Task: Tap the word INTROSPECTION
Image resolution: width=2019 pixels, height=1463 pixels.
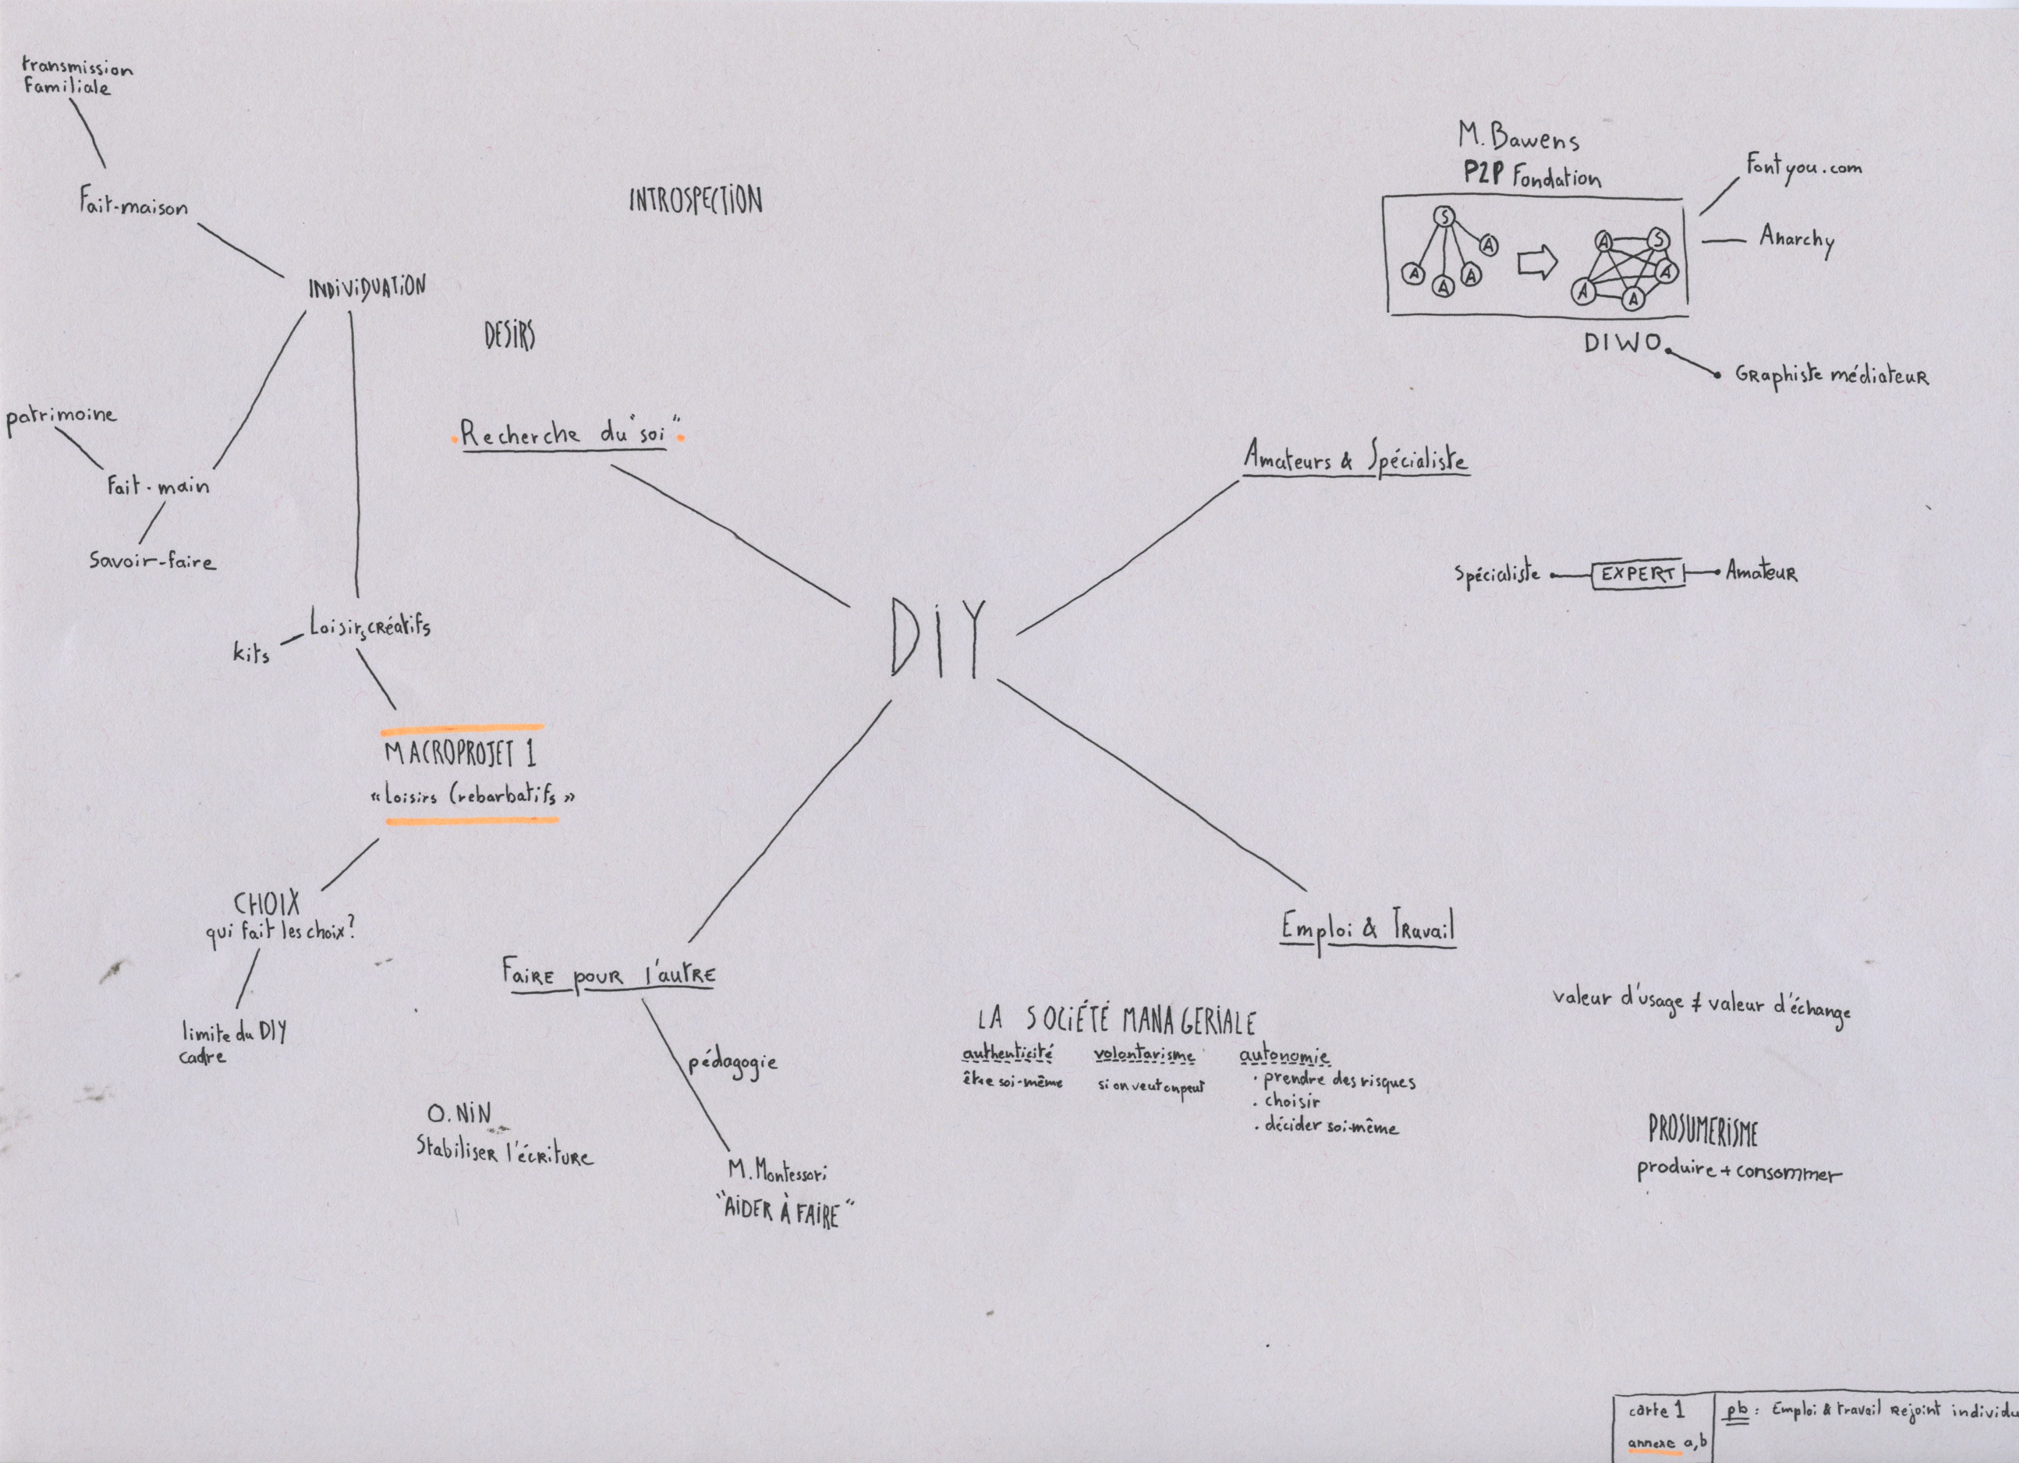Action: coord(695,201)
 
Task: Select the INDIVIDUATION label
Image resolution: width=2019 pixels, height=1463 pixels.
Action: coord(367,288)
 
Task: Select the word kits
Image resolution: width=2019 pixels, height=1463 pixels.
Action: coord(251,652)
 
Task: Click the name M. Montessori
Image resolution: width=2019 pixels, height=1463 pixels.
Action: coord(777,1171)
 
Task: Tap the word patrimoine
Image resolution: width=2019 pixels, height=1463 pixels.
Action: coord(61,416)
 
